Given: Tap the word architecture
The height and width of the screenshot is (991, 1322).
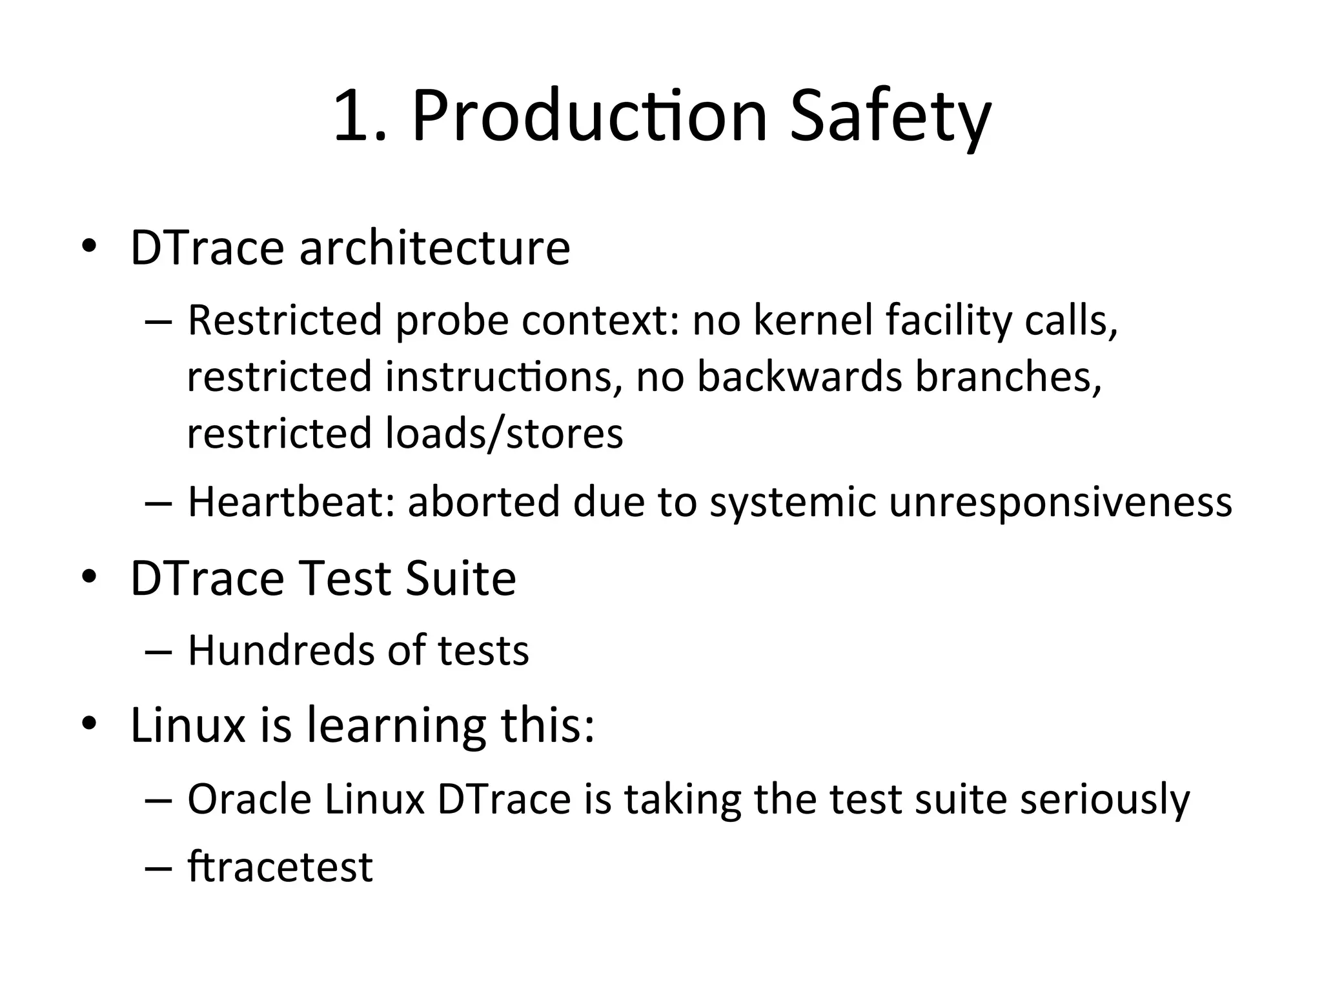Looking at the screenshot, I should click(x=434, y=248).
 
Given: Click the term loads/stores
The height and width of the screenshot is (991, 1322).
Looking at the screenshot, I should click(x=504, y=433).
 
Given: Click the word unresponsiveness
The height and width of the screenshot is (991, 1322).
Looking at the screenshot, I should click(x=1060, y=503).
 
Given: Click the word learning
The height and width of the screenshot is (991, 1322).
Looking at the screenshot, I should click(x=396, y=725).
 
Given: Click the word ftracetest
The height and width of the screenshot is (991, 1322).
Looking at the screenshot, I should click(x=280, y=866).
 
